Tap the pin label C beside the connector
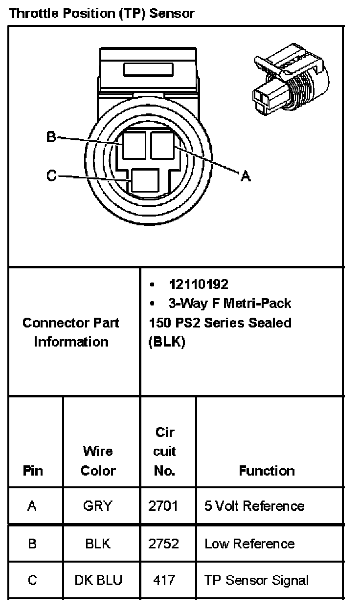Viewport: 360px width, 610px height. (51, 175)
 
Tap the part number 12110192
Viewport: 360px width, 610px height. (199, 284)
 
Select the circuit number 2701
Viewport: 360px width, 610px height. (163, 506)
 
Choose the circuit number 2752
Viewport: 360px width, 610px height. (163, 544)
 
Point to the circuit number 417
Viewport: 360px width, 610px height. (163, 580)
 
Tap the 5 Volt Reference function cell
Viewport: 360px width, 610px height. (254, 506)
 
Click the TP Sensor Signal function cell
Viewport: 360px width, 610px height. (256, 580)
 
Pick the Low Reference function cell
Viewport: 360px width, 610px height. (249, 544)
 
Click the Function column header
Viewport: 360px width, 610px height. (267, 471)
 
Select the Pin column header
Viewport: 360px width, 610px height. (32, 471)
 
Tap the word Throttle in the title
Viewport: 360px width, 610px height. (30, 13)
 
